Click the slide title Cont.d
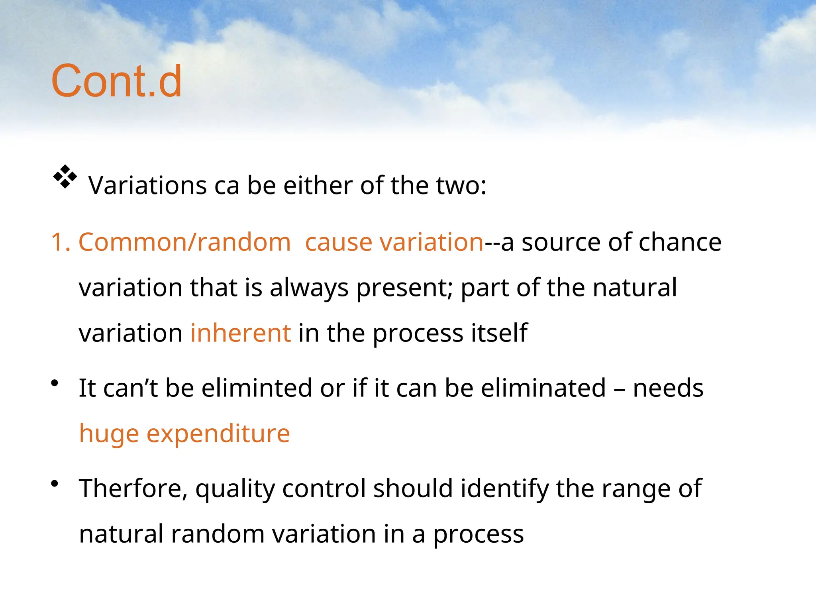tap(116, 81)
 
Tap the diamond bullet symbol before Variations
tap(65, 176)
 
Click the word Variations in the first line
tap(148, 186)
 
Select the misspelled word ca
tap(227, 186)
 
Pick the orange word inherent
tap(241, 333)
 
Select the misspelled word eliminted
tap(257, 388)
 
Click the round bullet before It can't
tap(55, 384)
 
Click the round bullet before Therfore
tap(55, 484)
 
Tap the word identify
tap(504, 489)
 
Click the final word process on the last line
tap(478, 535)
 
